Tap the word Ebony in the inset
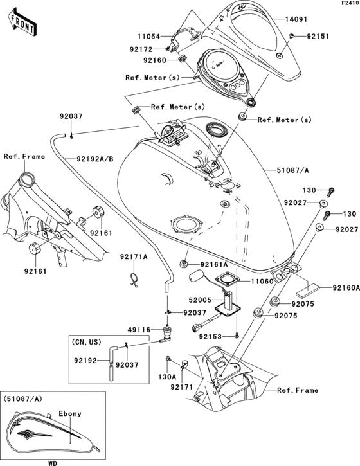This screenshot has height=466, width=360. (x=70, y=413)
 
